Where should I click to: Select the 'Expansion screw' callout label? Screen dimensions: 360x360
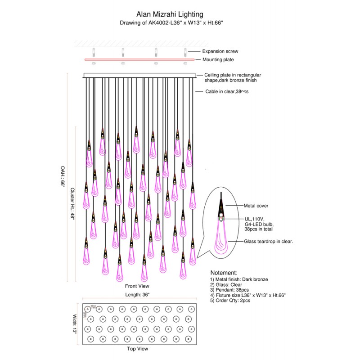[220, 52]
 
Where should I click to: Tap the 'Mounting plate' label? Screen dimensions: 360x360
[218, 59]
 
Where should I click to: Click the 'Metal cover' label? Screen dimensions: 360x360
[256, 206]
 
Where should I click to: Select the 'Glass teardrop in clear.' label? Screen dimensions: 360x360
[269, 242]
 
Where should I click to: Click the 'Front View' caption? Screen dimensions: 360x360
[137, 286]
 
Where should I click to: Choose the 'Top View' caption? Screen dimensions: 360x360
[138, 349]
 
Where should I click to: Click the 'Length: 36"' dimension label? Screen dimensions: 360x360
[137, 294]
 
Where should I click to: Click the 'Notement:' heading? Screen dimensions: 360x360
[224, 273]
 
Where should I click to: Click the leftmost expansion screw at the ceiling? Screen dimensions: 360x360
[94, 51]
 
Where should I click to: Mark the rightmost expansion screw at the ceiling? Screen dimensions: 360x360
[185, 51]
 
